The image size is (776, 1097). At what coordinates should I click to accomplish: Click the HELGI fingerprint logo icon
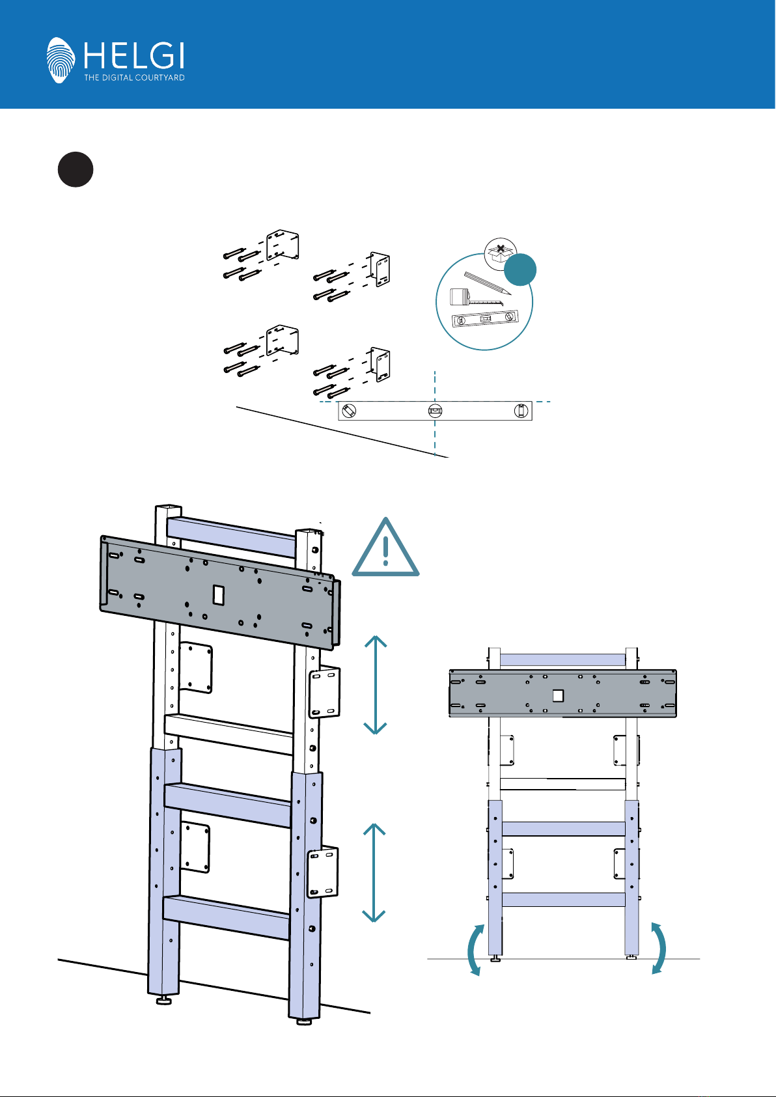coord(62,60)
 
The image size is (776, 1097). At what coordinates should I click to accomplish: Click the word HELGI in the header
coord(133,55)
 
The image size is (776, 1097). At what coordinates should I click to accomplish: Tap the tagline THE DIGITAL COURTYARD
coord(134,77)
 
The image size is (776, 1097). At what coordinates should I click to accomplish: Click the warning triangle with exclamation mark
coord(386,549)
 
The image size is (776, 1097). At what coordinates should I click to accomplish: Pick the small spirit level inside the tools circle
coord(485,320)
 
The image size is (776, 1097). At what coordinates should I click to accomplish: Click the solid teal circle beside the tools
coord(521,270)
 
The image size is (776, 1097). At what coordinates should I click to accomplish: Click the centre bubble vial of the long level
coord(436,411)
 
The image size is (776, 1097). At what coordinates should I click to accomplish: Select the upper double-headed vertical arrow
coord(376,685)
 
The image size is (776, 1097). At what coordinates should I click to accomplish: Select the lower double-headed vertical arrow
coord(374,872)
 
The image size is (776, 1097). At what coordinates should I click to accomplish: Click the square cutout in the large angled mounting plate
coord(219,595)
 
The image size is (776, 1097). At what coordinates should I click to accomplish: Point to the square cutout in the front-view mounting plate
coord(557,695)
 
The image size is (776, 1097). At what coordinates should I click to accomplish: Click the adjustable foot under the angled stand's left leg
coord(163,1001)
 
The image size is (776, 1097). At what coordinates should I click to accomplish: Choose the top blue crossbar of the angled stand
coord(232,537)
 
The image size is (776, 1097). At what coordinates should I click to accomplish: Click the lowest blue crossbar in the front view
coord(563,899)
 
